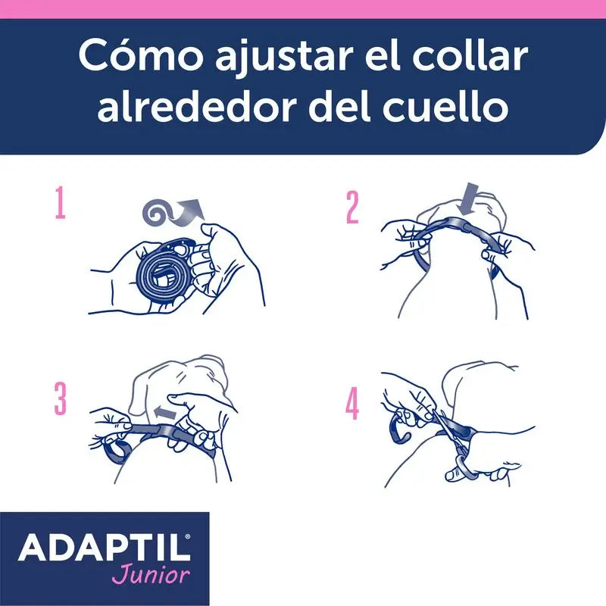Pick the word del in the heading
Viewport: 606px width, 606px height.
(x=330, y=108)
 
